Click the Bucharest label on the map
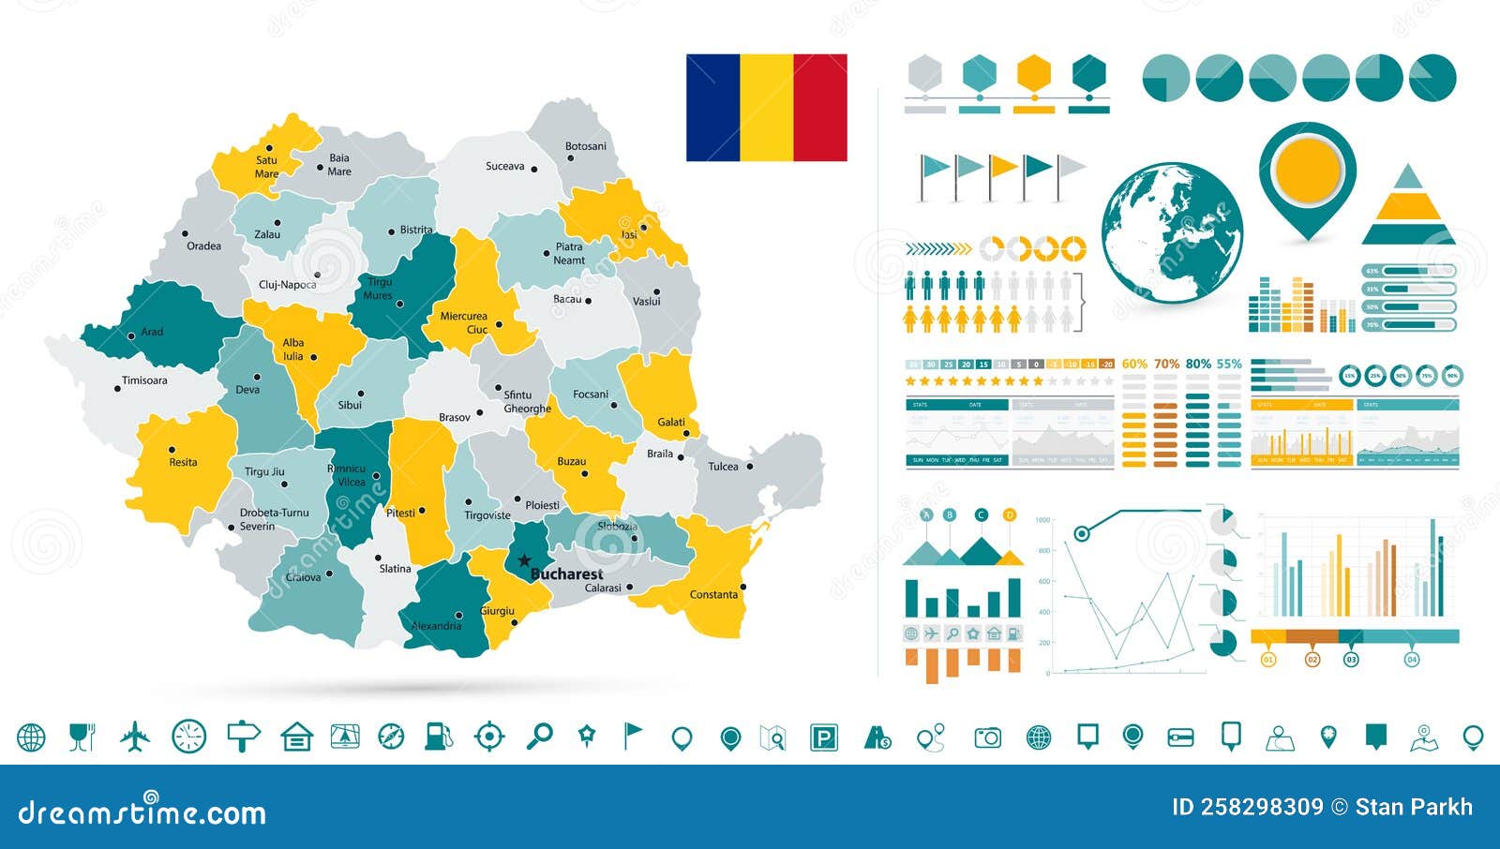[566, 573]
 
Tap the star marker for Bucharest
[524, 561]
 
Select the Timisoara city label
[144, 380]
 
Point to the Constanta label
[713, 594]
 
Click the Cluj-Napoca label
[287, 284]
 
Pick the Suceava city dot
[534, 170]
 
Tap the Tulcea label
[723, 466]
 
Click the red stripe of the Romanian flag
[819, 108]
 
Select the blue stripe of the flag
[712, 108]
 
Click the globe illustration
[1172, 232]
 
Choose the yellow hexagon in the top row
[1033, 72]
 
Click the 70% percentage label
[1166, 364]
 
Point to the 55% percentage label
[1228, 364]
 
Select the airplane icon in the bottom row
[135, 737]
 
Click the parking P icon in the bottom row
[823, 738]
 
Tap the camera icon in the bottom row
[987, 738]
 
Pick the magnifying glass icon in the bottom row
[539, 737]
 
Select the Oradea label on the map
[203, 246]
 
